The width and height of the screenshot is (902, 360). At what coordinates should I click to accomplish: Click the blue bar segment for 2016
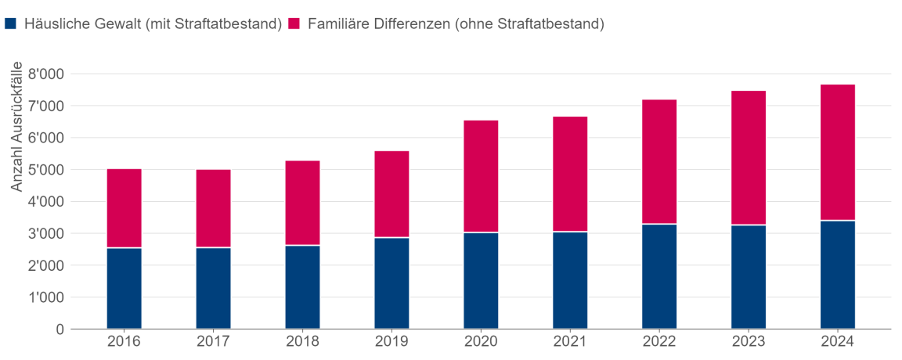click(124, 288)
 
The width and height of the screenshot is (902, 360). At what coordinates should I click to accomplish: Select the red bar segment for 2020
click(481, 176)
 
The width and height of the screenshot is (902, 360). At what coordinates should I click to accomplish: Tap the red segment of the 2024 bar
click(838, 153)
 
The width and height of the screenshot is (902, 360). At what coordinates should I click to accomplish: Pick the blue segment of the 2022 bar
click(659, 276)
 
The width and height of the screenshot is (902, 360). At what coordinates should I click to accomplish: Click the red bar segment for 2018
click(302, 203)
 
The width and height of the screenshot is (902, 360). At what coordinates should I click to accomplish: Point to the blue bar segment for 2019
click(391, 283)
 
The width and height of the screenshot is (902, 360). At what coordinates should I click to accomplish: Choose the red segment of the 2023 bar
click(749, 157)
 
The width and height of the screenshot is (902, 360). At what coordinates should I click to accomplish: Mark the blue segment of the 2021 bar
click(570, 280)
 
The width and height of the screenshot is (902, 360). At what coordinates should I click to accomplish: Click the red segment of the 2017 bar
click(213, 208)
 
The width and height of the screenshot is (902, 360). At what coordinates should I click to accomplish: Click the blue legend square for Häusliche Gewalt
click(10, 23)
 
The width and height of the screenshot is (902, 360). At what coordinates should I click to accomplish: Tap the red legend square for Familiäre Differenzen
click(294, 23)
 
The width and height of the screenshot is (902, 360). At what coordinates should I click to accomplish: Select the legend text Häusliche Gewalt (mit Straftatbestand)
click(153, 23)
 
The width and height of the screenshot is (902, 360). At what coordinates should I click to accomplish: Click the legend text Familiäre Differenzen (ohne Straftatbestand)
click(456, 23)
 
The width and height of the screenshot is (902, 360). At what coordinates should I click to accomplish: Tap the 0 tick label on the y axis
click(60, 329)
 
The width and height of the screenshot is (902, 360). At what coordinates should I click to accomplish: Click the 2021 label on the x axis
click(570, 342)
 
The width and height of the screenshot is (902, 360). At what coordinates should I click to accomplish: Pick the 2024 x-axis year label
click(838, 342)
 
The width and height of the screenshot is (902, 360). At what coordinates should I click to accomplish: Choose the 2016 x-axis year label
click(124, 342)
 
